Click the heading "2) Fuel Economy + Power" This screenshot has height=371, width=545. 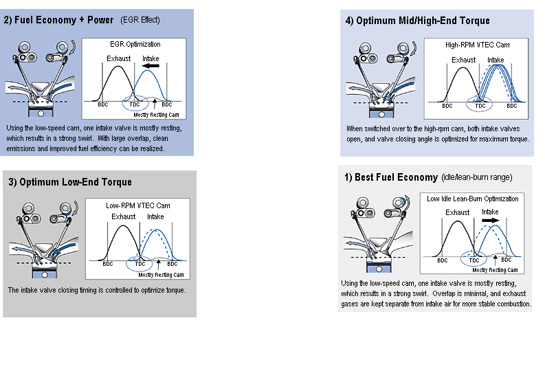tap(58, 20)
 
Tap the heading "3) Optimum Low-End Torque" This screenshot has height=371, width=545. tap(70, 182)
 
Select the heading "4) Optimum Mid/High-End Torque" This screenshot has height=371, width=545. tap(417, 21)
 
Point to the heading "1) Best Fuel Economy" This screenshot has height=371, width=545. tap(390, 177)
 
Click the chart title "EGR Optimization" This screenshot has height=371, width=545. tap(135, 44)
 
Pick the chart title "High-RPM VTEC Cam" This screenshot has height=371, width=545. tap(477, 44)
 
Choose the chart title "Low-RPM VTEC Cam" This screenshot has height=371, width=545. tap(138, 205)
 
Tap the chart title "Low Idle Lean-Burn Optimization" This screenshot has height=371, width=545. tap(473, 199)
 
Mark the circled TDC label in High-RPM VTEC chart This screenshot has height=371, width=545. tap(480, 106)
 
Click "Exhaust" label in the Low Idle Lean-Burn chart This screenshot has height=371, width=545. tap(458, 212)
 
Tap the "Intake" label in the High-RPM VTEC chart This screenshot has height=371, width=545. tap(496, 60)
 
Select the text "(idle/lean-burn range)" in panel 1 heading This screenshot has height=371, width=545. tap(476, 177)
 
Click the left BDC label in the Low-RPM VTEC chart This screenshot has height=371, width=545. tap(108, 264)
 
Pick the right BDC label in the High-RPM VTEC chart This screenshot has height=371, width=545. tap(512, 106)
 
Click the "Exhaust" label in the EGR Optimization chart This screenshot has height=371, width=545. tap(119, 59)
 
